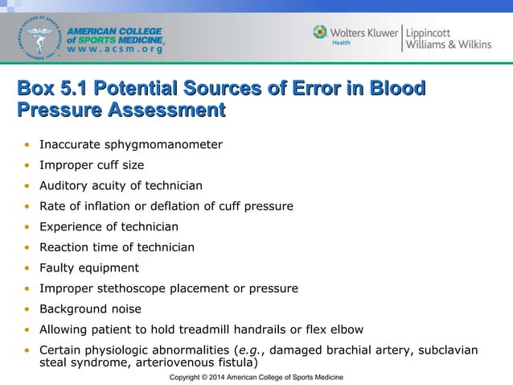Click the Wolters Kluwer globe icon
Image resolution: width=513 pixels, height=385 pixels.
(x=320, y=32)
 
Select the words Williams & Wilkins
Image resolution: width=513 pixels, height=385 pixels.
(x=448, y=44)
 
